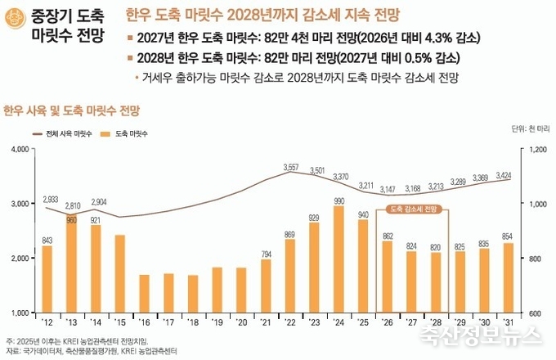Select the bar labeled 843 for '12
[x=47, y=279]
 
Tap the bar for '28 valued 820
[x=437, y=282]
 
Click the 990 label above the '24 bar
[x=339, y=200]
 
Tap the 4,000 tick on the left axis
[x=19, y=149]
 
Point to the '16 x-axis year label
[x=145, y=322]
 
